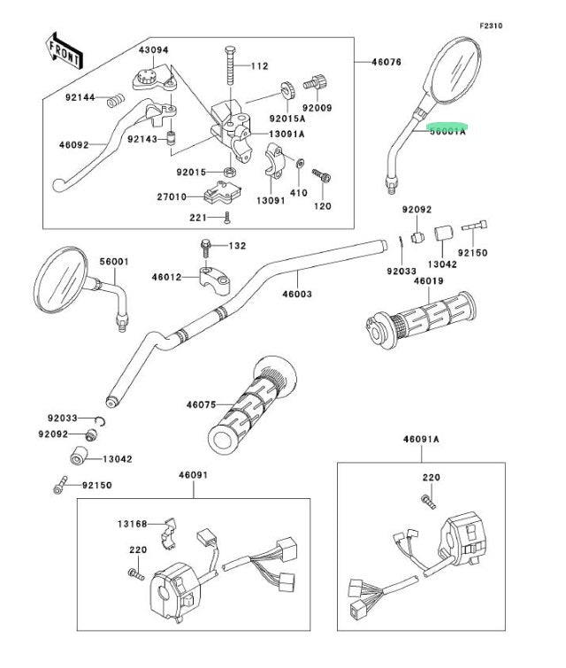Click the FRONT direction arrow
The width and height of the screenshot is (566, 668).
[64, 54]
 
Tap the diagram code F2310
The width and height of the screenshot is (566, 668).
[491, 27]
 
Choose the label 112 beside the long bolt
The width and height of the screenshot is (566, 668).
[258, 66]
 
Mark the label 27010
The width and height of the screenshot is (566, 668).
[172, 197]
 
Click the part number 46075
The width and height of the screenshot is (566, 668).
[201, 404]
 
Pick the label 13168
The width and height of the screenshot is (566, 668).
[134, 524]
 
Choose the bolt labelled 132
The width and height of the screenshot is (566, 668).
[205, 244]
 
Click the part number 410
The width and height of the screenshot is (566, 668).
[298, 192]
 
